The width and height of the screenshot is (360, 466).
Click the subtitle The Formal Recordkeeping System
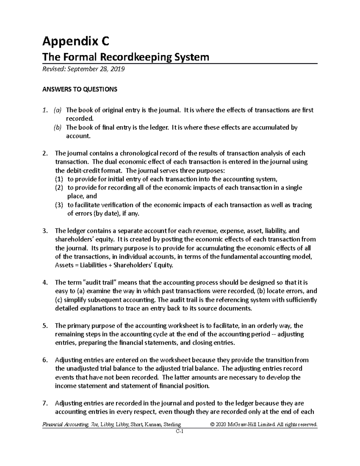[x=126, y=57]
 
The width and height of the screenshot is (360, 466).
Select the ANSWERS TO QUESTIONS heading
[x=79, y=89]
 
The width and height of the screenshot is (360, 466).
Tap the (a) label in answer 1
[x=57, y=110]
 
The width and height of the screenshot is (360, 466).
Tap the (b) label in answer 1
[x=57, y=128]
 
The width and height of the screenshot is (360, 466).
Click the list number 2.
[x=45, y=153]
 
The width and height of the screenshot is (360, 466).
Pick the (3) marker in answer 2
[x=59, y=205]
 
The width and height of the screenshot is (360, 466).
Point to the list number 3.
[x=45, y=231]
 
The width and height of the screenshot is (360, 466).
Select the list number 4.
[x=45, y=283]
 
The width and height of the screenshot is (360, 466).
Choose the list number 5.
[x=45, y=326]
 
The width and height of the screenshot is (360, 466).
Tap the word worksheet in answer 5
[x=183, y=326]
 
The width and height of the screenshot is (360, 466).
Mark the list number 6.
[x=45, y=360]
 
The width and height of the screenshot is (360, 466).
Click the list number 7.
[x=45, y=403]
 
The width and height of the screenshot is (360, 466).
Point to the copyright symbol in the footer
[x=213, y=425]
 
